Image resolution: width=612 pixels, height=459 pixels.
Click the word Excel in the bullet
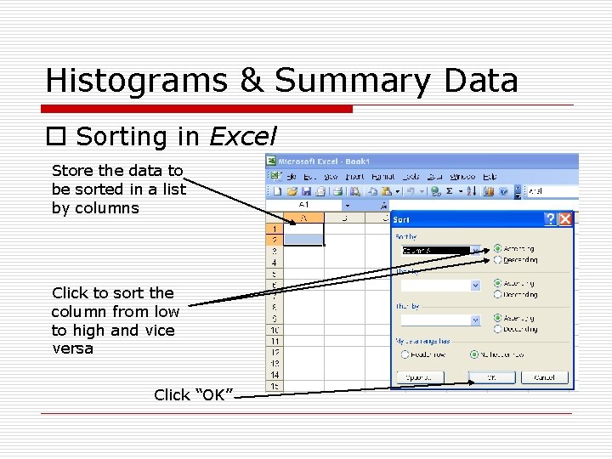242,136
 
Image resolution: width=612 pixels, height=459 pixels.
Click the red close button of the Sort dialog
565,219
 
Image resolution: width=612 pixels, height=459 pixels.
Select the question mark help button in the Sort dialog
551,219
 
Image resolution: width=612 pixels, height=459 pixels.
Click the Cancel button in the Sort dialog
545,377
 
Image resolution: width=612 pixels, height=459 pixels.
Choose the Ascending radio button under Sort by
497,249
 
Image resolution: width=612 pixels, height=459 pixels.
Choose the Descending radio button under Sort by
497,260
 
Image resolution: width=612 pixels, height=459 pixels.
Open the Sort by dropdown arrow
475,251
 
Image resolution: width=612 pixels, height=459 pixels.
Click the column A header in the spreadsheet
303,218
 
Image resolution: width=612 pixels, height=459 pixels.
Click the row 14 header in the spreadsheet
275,375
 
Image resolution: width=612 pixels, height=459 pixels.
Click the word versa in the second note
72,348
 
